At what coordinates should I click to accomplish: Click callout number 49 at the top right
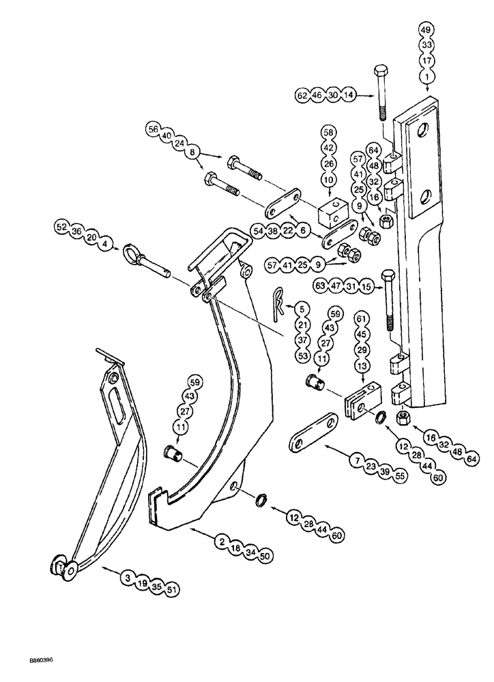pyautogui.click(x=426, y=30)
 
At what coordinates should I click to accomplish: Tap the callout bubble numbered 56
pyautogui.click(x=152, y=128)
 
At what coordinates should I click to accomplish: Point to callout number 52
pyautogui.click(x=63, y=224)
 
